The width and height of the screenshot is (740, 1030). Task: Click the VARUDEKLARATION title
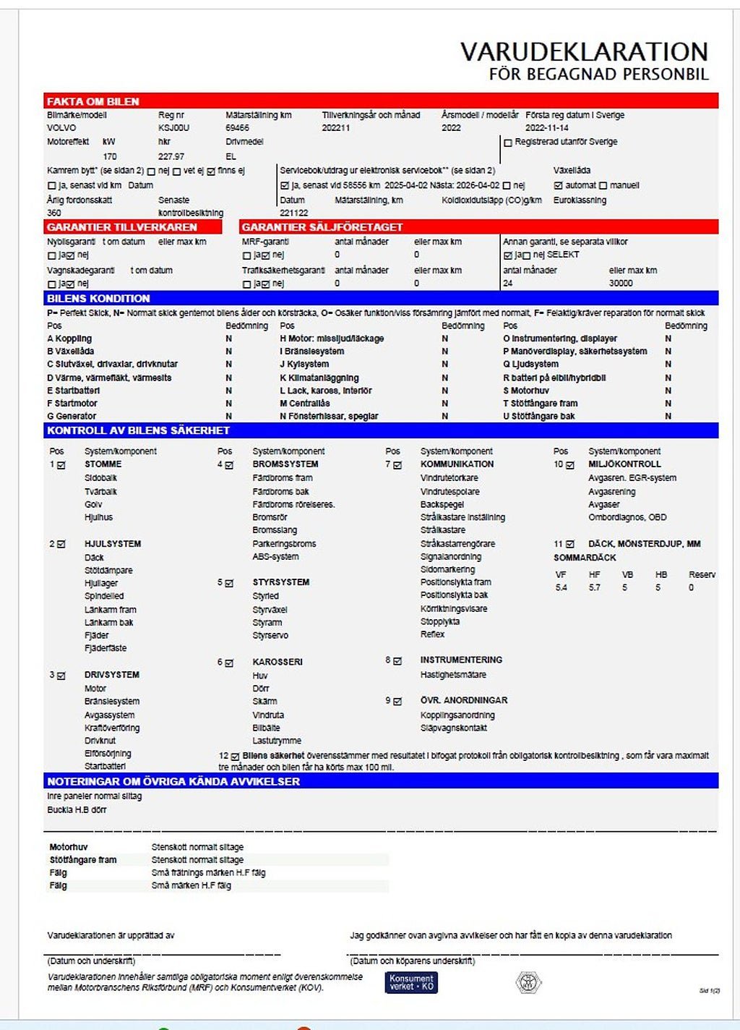coord(584,51)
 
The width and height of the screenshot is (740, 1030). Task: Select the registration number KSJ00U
coord(173,128)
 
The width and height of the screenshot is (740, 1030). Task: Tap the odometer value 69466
coord(238,128)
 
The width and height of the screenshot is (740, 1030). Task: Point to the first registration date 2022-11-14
coord(547,128)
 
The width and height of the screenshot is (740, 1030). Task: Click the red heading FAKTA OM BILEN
coord(93,102)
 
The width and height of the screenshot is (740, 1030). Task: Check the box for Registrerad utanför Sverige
coord(508,143)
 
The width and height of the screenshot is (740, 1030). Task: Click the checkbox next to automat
coord(558,186)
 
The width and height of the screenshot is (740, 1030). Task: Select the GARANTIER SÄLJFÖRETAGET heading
coord(322,227)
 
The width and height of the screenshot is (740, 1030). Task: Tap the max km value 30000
coord(621,284)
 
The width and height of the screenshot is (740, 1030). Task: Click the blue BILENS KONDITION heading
coord(98,298)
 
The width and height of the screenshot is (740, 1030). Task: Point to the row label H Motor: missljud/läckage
coord(332,339)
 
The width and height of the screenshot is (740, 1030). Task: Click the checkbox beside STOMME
coord(61,465)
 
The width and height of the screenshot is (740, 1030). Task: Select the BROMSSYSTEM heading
coord(285,464)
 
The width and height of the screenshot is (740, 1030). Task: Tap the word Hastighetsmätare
coord(453,675)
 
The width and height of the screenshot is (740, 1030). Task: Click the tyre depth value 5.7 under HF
coord(594,588)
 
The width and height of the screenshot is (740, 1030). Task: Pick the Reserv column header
coord(702,575)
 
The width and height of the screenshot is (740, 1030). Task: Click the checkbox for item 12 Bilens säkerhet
coord(235,757)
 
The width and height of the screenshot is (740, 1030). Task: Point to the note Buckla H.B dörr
coord(77,810)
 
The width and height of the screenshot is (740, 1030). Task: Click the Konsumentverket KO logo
coord(411,982)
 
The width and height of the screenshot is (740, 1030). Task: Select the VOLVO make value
coord(61,128)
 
